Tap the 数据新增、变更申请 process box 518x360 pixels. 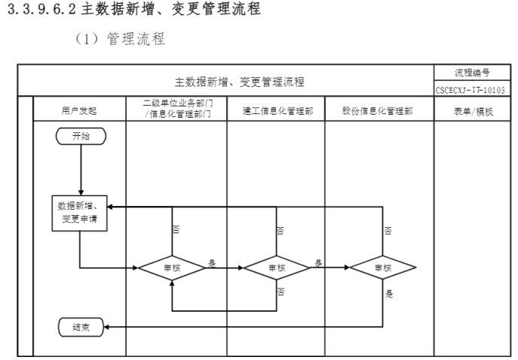tap(79, 213)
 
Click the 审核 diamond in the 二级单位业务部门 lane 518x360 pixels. tap(172, 267)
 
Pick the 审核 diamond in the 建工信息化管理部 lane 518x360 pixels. tap(277, 267)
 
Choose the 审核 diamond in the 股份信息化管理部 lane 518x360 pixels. tap(382, 267)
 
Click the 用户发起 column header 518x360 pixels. tap(79, 109)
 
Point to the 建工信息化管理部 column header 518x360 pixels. tap(277, 109)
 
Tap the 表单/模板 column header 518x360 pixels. tap(471, 109)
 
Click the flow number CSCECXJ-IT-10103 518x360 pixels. tap(471, 90)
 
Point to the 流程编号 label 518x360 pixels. tap(471, 74)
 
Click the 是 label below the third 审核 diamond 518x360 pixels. tap(390, 294)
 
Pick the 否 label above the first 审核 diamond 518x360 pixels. tap(176, 229)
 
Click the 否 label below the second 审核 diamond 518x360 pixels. tap(281, 290)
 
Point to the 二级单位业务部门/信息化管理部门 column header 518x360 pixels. tap(176, 109)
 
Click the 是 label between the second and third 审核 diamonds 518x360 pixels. tap(318, 263)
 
